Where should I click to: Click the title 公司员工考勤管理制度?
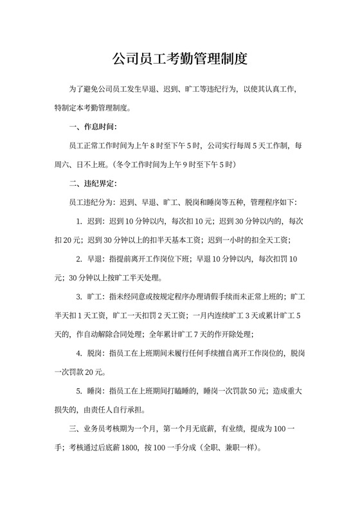point(180,60)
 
